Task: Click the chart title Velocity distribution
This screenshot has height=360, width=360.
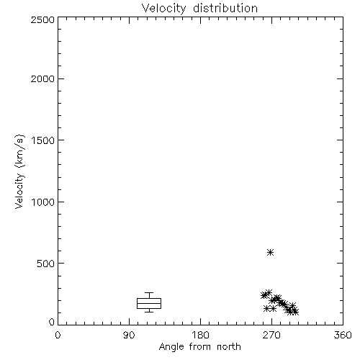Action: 199,9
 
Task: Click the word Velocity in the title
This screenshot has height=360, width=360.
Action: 163,9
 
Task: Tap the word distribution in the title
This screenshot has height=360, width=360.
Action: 225,8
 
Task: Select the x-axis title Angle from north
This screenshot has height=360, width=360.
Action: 199,346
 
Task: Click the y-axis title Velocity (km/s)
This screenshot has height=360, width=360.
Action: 19,171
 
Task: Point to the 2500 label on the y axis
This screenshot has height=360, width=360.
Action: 42,19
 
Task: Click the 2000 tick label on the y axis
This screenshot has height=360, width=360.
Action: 42,78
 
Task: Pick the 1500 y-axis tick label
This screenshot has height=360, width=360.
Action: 43,140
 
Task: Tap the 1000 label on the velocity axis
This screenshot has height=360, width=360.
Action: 43,202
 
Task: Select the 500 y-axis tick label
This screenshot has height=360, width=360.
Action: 46,264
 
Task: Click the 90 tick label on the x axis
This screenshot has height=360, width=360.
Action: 129,335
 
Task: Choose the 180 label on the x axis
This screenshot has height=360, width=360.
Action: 200,335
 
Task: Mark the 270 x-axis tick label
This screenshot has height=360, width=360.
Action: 271,335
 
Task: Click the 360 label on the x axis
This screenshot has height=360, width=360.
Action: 343,335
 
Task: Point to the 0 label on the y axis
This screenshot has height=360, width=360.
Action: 52,322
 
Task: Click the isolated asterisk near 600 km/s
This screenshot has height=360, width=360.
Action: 271,252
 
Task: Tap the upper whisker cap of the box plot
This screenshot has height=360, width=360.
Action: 149,292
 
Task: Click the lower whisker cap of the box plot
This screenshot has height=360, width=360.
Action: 149,312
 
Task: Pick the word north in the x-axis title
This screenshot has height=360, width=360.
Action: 229,346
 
